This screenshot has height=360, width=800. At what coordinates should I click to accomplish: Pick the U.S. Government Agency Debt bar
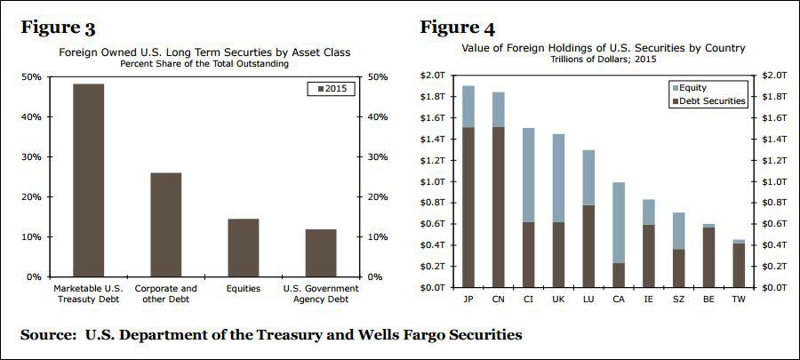(320, 252)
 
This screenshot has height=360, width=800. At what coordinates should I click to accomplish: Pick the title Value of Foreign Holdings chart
(602, 48)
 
